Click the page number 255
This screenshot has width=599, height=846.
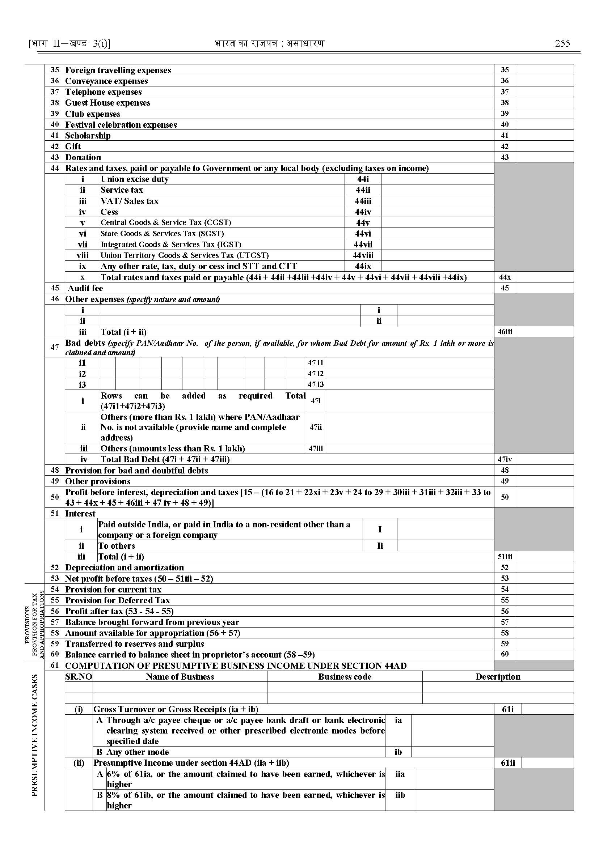(x=562, y=43)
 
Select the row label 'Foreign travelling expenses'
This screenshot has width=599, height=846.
(x=118, y=70)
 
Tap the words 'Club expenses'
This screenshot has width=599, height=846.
(x=93, y=114)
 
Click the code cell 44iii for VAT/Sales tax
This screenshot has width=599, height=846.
(x=363, y=201)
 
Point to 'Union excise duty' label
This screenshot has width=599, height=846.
(x=135, y=179)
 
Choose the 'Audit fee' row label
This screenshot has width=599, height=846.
(x=85, y=288)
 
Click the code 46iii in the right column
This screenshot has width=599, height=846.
(x=505, y=332)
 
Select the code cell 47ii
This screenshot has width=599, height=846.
(x=316, y=427)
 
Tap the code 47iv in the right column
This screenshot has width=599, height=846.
(x=505, y=459)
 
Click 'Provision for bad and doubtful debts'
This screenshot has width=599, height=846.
(x=136, y=470)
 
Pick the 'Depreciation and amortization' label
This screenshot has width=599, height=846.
(x=124, y=567)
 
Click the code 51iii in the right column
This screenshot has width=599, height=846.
(x=505, y=557)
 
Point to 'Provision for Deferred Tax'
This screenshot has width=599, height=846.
(x=118, y=600)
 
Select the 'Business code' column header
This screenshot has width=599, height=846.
(x=345, y=677)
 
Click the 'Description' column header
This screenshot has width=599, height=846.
(x=498, y=677)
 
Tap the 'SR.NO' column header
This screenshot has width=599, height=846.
(x=79, y=677)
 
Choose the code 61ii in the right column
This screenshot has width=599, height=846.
(x=507, y=763)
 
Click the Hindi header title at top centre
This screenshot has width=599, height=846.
(x=269, y=43)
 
